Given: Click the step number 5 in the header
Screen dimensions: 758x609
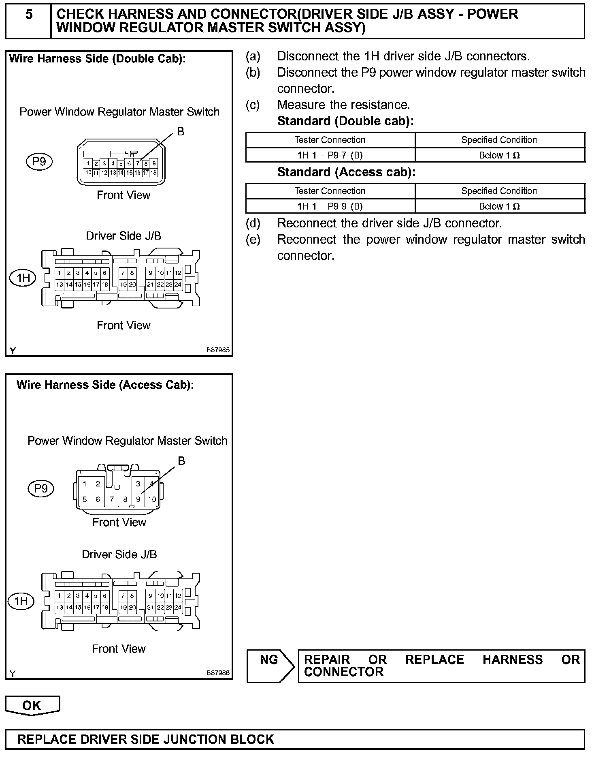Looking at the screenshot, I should (29, 15).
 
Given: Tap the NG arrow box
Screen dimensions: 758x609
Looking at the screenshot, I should (270, 666).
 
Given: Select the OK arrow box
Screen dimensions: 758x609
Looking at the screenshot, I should (32, 705).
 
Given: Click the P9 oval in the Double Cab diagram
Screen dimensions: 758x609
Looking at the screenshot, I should (39, 162).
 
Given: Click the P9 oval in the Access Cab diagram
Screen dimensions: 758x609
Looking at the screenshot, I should (41, 488).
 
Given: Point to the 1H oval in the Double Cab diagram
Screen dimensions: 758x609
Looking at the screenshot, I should (23, 278).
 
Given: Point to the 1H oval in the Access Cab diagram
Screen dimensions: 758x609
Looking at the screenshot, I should (21, 601).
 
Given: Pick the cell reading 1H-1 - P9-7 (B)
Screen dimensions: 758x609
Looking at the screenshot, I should (330, 155).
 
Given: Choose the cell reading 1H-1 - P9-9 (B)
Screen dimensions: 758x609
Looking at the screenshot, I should (330, 206).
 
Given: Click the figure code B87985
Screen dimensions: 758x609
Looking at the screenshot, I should (218, 350).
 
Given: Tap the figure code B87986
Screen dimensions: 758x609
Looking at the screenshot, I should (218, 673).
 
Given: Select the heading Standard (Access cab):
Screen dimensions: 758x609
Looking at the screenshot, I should (346, 172).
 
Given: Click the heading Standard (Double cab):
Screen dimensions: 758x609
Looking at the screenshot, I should (345, 121).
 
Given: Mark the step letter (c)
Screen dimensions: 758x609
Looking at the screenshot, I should (253, 105).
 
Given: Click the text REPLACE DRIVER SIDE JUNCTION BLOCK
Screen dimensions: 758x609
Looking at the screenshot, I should (146, 739).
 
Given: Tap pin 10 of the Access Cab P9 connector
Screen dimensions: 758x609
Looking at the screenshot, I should (152, 499).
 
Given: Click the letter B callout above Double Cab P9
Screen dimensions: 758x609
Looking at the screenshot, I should (181, 132).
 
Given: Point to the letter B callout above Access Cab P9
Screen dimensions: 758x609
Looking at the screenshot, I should (181, 461).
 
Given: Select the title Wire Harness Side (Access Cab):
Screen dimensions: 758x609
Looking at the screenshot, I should (105, 385).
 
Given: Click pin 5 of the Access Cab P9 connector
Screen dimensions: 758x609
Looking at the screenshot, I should (85, 499).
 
